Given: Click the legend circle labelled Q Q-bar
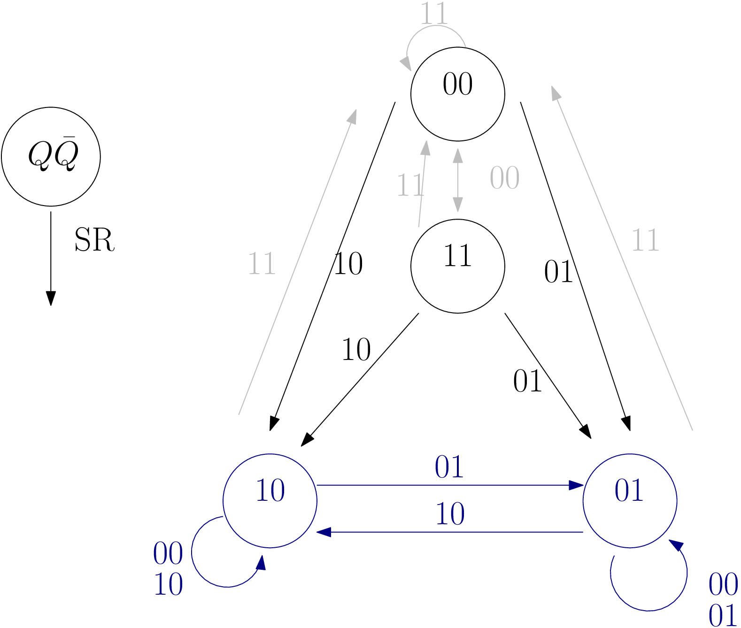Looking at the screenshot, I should click(x=51, y=156).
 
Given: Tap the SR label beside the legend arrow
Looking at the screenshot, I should click(x=94, y=240).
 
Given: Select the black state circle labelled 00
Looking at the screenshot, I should click(x=457, y=94).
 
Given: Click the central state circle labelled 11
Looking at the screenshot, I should click(x=457, y=266).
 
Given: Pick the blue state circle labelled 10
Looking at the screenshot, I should click(x=270, y=500).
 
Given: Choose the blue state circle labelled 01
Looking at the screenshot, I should click(x=629, y=500).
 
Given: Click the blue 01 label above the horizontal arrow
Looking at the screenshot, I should click(x=449, y=467).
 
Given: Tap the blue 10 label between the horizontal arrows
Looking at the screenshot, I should click(x=450, y=514).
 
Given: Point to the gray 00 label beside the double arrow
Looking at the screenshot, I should click(x=504, y=178).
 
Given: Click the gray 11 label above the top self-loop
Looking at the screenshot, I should click(x=433, y=14).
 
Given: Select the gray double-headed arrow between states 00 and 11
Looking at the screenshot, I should click(x=457, y=180).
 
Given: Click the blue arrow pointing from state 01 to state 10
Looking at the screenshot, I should click(x=449, y=532).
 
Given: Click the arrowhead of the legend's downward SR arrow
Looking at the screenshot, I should click(x=51, y=299).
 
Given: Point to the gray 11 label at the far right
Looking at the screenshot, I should click(x=645, y=240).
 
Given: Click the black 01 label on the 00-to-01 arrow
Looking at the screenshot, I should click(x=558, y=272).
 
